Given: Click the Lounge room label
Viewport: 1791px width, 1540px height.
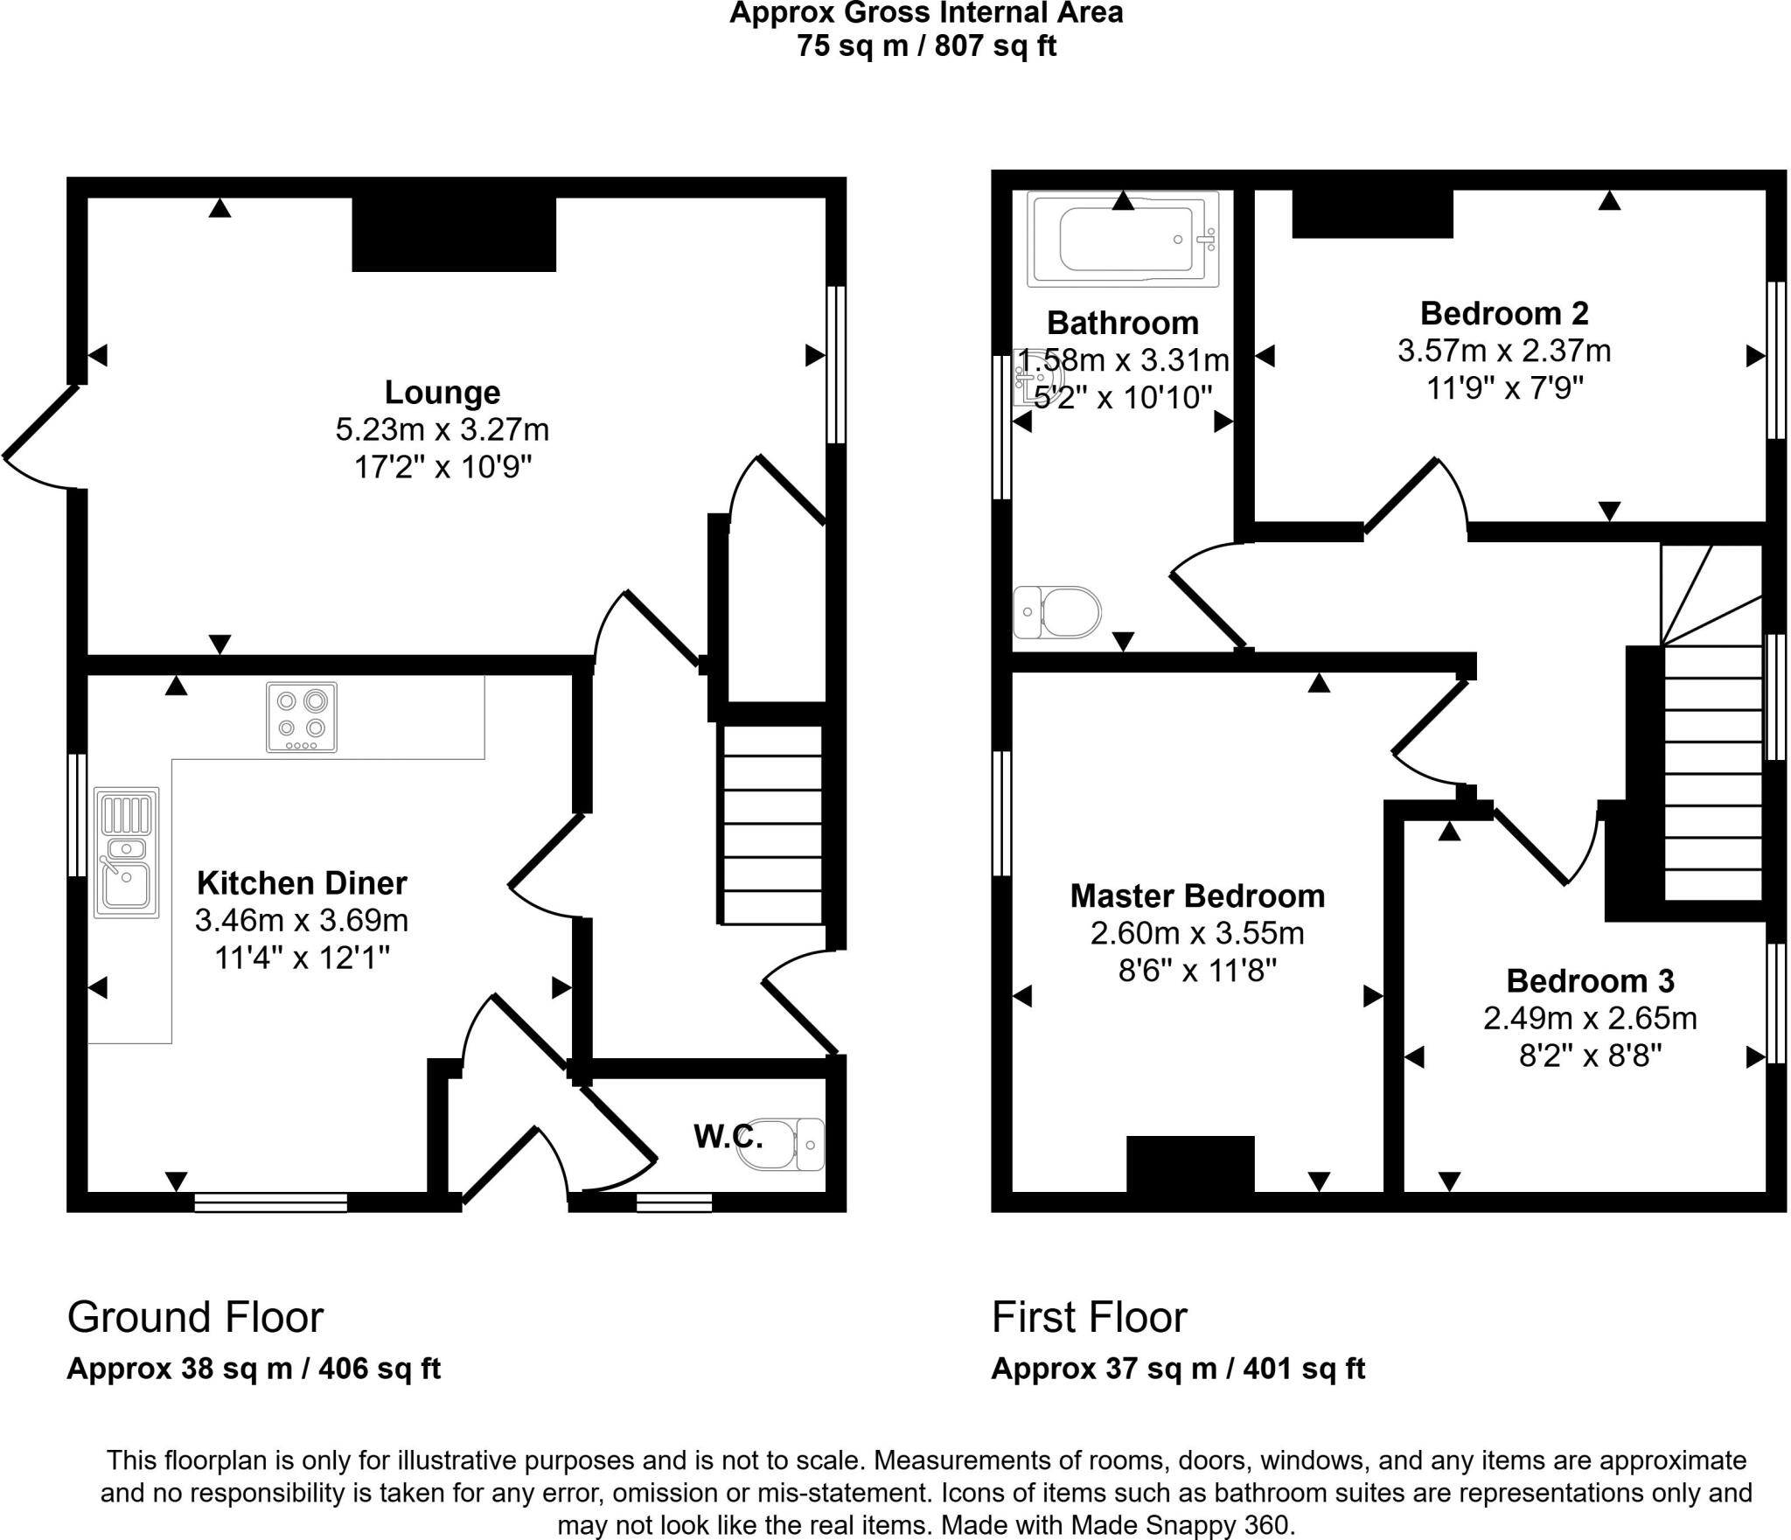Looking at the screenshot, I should (443, 393).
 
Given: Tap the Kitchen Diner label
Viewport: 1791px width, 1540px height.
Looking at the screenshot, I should (302, 883).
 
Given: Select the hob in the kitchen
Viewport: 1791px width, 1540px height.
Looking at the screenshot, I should (302, 718).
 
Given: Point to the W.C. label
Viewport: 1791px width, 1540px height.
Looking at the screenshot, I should (728, 1137).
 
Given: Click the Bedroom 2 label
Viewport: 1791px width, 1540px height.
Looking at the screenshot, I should (1504, 313).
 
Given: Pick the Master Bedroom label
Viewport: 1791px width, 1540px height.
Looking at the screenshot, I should (1197, 895).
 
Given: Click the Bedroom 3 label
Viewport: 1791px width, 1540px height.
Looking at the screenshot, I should (1590, 981).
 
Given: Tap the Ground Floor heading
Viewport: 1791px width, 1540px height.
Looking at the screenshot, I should (195, 1317).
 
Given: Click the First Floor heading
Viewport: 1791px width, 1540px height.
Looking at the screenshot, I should (1089, 1317).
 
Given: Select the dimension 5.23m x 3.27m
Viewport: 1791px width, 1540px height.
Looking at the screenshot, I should (443, 430).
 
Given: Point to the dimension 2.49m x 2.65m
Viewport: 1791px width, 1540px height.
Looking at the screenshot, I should (1590, 1019).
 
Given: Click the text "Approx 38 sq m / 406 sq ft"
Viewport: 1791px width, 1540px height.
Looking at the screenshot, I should (254, 1369).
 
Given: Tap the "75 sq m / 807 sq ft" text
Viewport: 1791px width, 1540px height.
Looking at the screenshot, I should (926, 45).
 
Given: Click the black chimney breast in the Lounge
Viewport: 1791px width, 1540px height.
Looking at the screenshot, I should (454, 234).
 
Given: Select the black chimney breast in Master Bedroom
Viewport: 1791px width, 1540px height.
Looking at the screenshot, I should (1190, 1163).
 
